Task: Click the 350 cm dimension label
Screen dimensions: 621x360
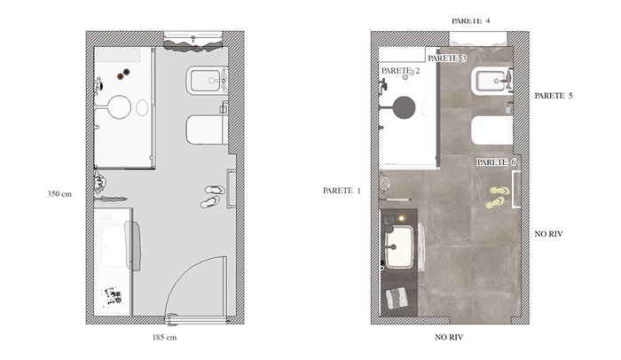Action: click(x=59, y=193)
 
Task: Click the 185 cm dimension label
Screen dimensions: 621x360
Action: click(x=164, y=338)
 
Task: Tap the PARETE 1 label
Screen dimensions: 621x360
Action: click(x=342, y=191)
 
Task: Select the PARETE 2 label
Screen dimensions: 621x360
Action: click(x=400, y=71)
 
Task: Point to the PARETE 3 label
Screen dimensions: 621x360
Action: click(x=447, y=59)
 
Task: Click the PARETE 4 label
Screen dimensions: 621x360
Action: click(x=470, y=20)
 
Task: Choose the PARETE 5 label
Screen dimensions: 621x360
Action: click(x=554, y=96)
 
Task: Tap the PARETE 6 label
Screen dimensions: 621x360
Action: click(x=496, y=162)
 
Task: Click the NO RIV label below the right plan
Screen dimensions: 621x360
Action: click(x=449, y=338)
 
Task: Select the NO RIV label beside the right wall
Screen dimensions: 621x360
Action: click(x=548, y=234)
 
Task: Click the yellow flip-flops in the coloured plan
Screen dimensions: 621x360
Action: click(x=498, y=197)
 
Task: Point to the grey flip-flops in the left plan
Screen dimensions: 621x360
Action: click(x=212, y=197)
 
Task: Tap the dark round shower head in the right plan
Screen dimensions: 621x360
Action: click(x=404, y=107)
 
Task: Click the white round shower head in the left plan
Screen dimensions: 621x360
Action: click(x=119, y=107)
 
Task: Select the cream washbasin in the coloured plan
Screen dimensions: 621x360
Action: click(x=400, y=247)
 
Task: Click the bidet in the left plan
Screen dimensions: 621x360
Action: click(x=207, y=81)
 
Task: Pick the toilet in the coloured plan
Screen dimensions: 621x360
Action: click(x=491, y=129)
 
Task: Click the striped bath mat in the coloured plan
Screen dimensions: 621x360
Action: click(x=397, y=298)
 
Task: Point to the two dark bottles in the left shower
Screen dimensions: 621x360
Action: click(x=123, y=74)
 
